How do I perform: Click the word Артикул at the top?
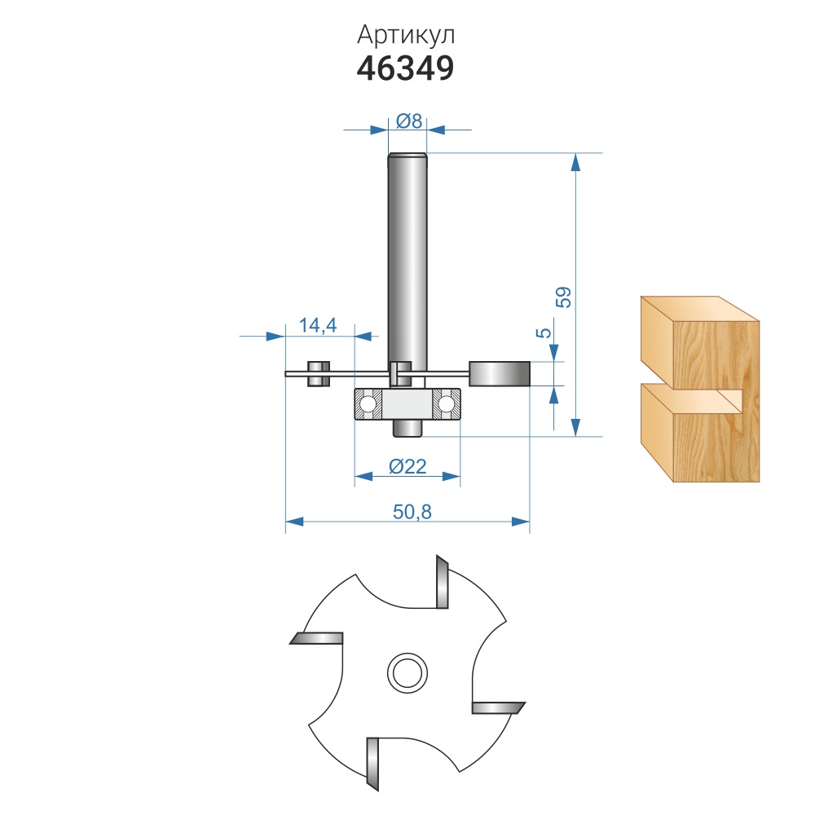tap(405, 35)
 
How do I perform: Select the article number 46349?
tap(405, 68)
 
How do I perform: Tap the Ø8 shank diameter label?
tap(409, 121)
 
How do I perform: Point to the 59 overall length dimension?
tap(563, 297)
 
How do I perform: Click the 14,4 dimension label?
tap(318, 325)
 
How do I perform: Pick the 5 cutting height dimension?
tap(544, 333)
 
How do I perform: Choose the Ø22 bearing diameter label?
tap(407, 466)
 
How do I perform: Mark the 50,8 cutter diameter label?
tap(412, 512)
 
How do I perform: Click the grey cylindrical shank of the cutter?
tap(407, 260)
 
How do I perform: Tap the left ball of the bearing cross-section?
tap(368, 403)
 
